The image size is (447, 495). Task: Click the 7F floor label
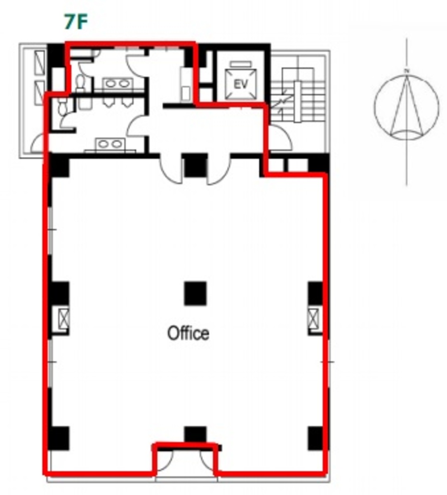[x=76, y=23]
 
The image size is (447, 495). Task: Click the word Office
[x=188, y=333]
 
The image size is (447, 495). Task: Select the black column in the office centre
[x=195, y=293]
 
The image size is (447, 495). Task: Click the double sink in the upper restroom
[x=117, y=83]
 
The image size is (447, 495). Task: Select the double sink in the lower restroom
[x=110, y=144]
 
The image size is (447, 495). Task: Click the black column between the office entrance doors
[x=195, y=165]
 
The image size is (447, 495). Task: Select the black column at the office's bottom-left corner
[x=59, y=438]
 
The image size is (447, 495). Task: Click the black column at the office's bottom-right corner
[x=315, y=438]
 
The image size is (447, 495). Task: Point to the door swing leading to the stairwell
[x=280, y=138]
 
